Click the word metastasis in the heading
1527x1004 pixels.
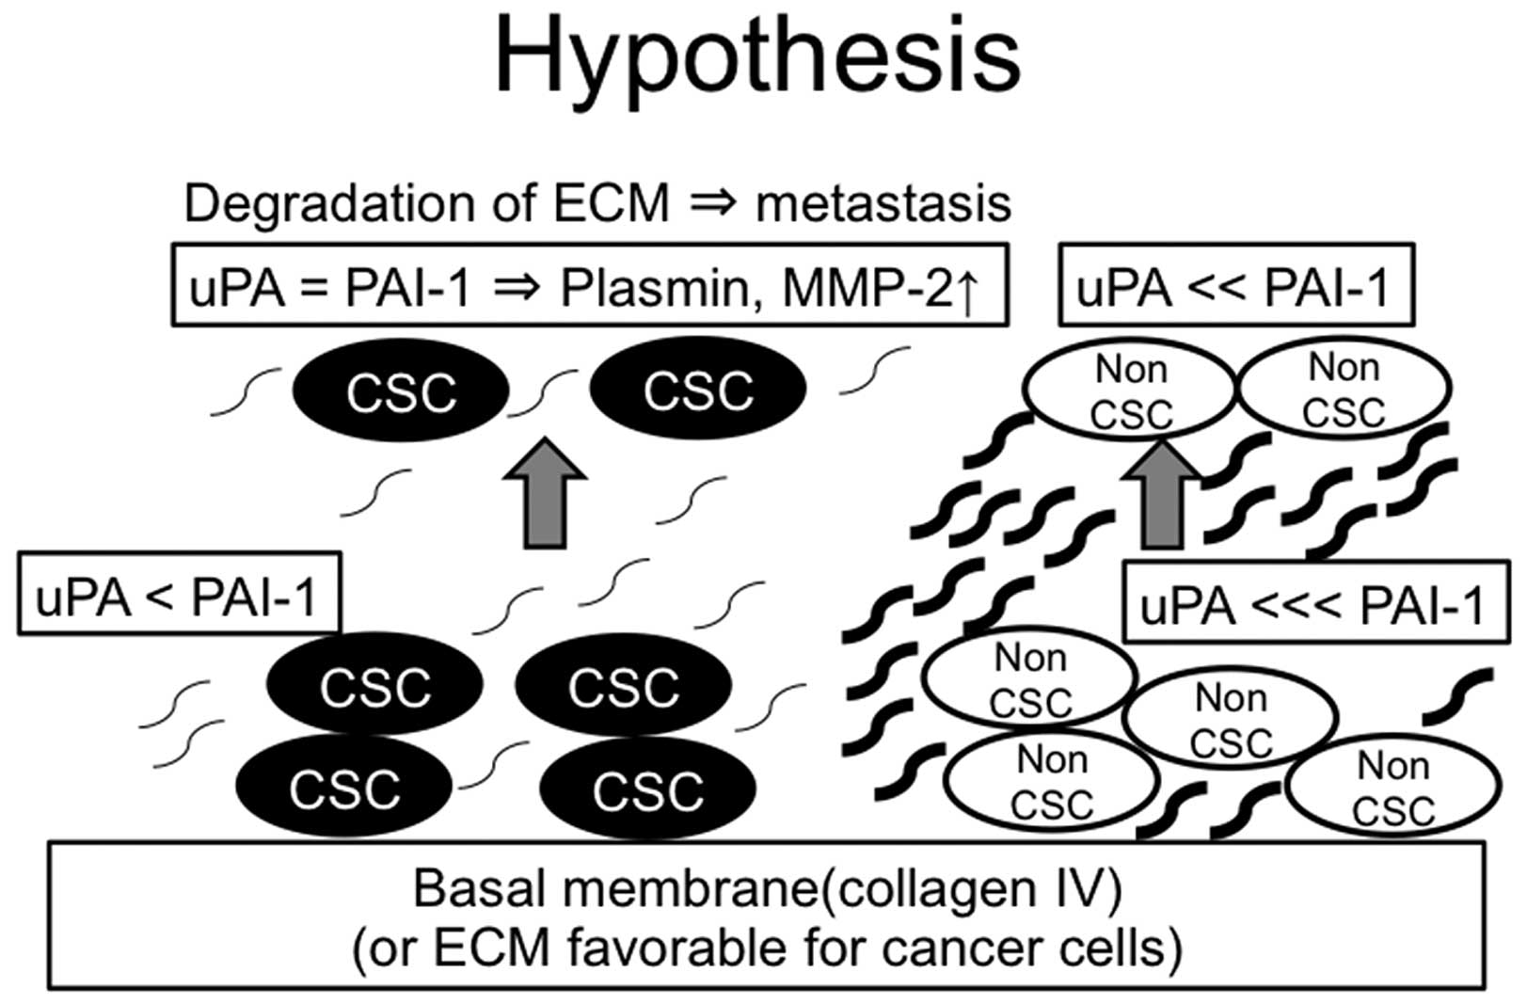click(x=883, y=204)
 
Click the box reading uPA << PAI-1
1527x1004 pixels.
click(x=1235, y=286)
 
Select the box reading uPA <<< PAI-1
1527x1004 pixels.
click(x=1314, y=603)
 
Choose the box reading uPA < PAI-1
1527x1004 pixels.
click(x=178, y=594)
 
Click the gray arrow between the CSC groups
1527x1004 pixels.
click(x=545, y=493)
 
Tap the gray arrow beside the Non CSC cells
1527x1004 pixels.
click(x=1163, y=497)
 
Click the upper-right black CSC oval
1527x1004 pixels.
click(x=697, y=390)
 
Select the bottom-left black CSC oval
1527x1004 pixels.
click(x=344, y=788)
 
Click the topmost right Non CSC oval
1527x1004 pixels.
click(x=1344, y=389)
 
